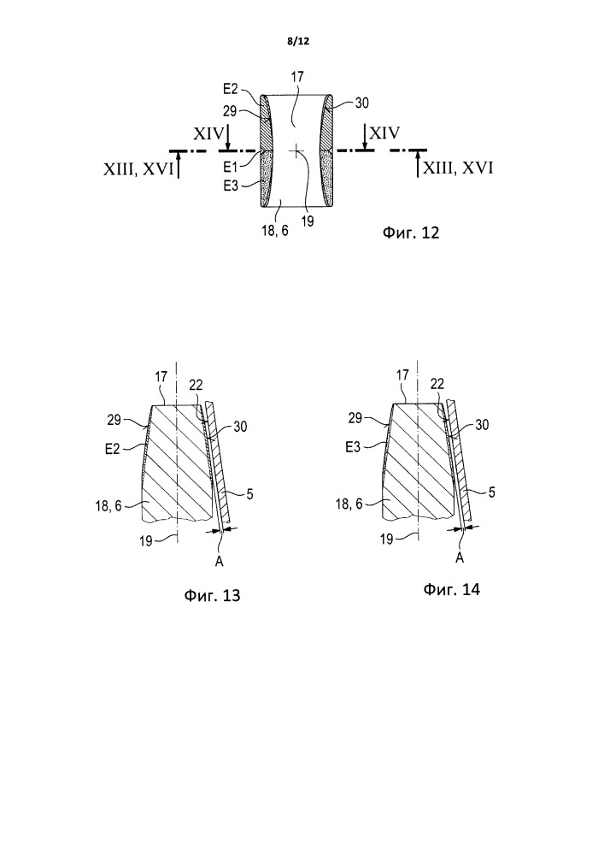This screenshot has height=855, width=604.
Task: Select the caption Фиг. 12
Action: point(410,233)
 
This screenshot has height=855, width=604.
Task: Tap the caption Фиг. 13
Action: point(212,594)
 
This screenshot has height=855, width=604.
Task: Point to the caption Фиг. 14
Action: point(451,589)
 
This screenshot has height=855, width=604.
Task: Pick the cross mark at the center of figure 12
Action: point(296,150)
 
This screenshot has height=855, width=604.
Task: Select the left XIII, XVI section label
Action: point(138,170)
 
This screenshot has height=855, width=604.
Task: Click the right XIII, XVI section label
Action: point(459,168)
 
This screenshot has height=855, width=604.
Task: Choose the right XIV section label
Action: point(384,133)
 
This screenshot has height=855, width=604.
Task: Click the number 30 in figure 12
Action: point(361,103)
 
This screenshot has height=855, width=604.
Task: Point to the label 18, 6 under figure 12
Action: point(276,231)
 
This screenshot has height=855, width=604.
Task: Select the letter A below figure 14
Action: point(460,557)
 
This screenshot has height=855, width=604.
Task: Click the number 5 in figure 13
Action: point(249,494)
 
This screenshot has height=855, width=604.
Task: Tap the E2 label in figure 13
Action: point(112,450)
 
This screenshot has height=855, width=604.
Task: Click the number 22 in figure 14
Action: point(437,384)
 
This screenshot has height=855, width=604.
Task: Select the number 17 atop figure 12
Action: point(296,76)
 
